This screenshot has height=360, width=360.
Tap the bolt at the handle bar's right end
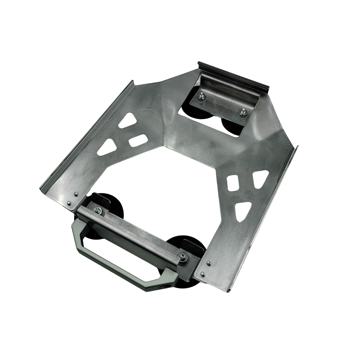tap(182, 256)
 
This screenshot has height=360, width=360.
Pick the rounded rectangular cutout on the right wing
tap(233, 183)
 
